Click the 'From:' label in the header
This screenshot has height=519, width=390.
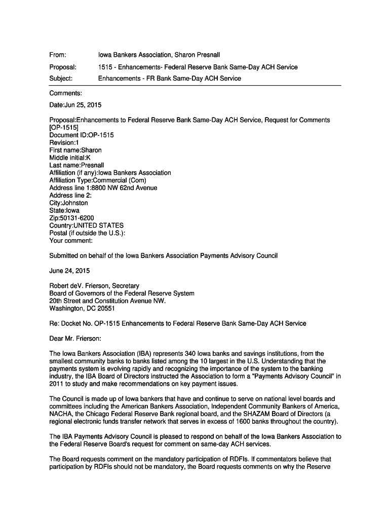click(x=58, y=55)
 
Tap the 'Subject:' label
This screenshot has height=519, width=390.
click(x=61, y=79)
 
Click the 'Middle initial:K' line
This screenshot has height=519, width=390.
click(x=70, y=158)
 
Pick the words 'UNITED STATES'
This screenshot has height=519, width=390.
click(x=98, y=226)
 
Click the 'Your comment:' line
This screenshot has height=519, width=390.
click(x=71, y=241)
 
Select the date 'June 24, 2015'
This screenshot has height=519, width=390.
click(x=69, y=271)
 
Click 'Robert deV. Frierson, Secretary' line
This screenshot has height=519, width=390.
click(x=94, y=286)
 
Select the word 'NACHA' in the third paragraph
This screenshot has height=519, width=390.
click(x=60, y=414)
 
